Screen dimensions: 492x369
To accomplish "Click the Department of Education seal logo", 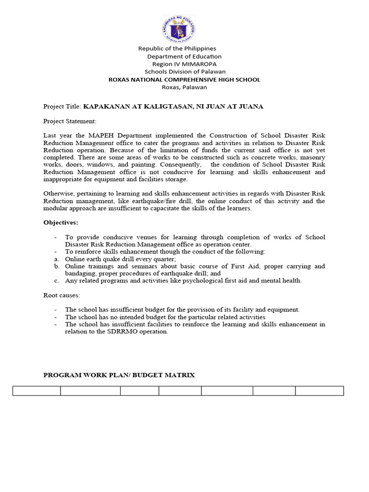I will [x=179, y=28].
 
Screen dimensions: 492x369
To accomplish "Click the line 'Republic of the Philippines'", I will [x=177, y=49].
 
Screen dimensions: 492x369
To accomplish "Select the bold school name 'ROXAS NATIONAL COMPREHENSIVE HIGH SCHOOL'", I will [x=184, y=80].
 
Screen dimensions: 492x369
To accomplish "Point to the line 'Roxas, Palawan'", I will [x=184, y=87].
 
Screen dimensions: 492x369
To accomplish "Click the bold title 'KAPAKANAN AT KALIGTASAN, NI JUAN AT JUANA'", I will [x=173, y=107].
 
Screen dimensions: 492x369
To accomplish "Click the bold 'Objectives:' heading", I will [x=61, y=223].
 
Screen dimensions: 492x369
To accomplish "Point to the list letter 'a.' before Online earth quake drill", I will [x=56, y=259].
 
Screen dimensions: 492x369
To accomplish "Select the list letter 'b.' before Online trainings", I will [x=56, y=266].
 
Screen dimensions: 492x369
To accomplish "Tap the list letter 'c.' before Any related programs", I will [x=56, y=281].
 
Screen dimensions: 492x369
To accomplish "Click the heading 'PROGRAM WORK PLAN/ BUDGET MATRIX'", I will [x=119, y=375].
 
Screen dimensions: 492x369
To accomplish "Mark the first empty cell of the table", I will [x=37, y=391].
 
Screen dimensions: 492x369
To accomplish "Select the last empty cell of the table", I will [x=319, y=391].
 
